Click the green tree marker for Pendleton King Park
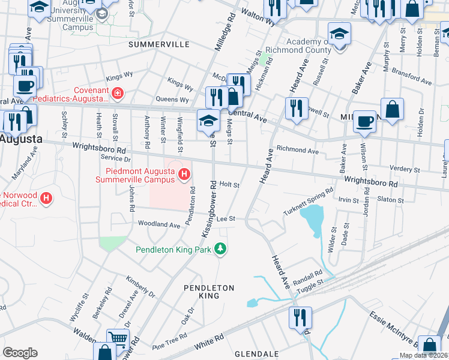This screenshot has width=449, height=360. pyautogui.click(x=221, y=249)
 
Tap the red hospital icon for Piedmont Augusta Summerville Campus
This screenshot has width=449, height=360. pyautogui.click(x=185, y=175)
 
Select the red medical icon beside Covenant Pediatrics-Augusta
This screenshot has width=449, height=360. pyautogui.click(x=118, y=93)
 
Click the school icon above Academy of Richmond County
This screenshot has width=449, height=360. pyautogui.click(x=339, y=32)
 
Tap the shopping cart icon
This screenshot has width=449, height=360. pyautogui.click(x=118, y=338)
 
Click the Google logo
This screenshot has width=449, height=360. pyautogui.click(x=20, y=353)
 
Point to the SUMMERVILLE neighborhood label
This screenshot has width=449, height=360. pyautogui.click(x=158, y=44)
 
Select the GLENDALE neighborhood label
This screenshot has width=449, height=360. pyautogui.click(x=257, y=354)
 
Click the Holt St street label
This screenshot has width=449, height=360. pyautogui.click(x=229, y=185)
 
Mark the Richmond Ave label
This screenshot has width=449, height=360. pyautogui.click(x=297, y=151)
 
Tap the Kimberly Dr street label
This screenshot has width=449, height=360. pyautogui.click(x=140, y=287)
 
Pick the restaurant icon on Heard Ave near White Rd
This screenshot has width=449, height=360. pyautogui.click(x=300, y=317)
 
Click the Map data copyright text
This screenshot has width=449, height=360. pyautogui.click(x=424, y=355)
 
